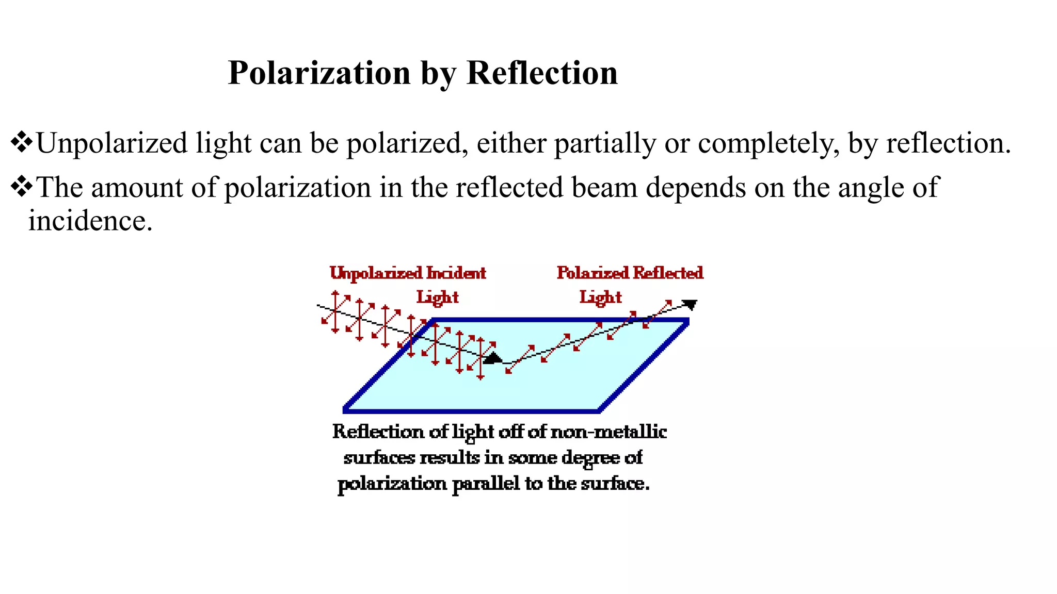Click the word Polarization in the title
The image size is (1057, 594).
pos(319,73)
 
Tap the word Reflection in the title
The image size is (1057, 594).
pos(542,73)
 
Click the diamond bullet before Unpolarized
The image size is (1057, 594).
pos(21,143)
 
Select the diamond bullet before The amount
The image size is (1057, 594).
pos(21,187)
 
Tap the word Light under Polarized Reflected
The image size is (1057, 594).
pos(600,298)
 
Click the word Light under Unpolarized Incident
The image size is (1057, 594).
pos(437,298)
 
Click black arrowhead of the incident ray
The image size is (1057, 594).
pos(493,358)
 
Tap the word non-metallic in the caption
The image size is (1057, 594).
pos(608,432)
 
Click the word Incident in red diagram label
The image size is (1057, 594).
pos(456,273)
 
